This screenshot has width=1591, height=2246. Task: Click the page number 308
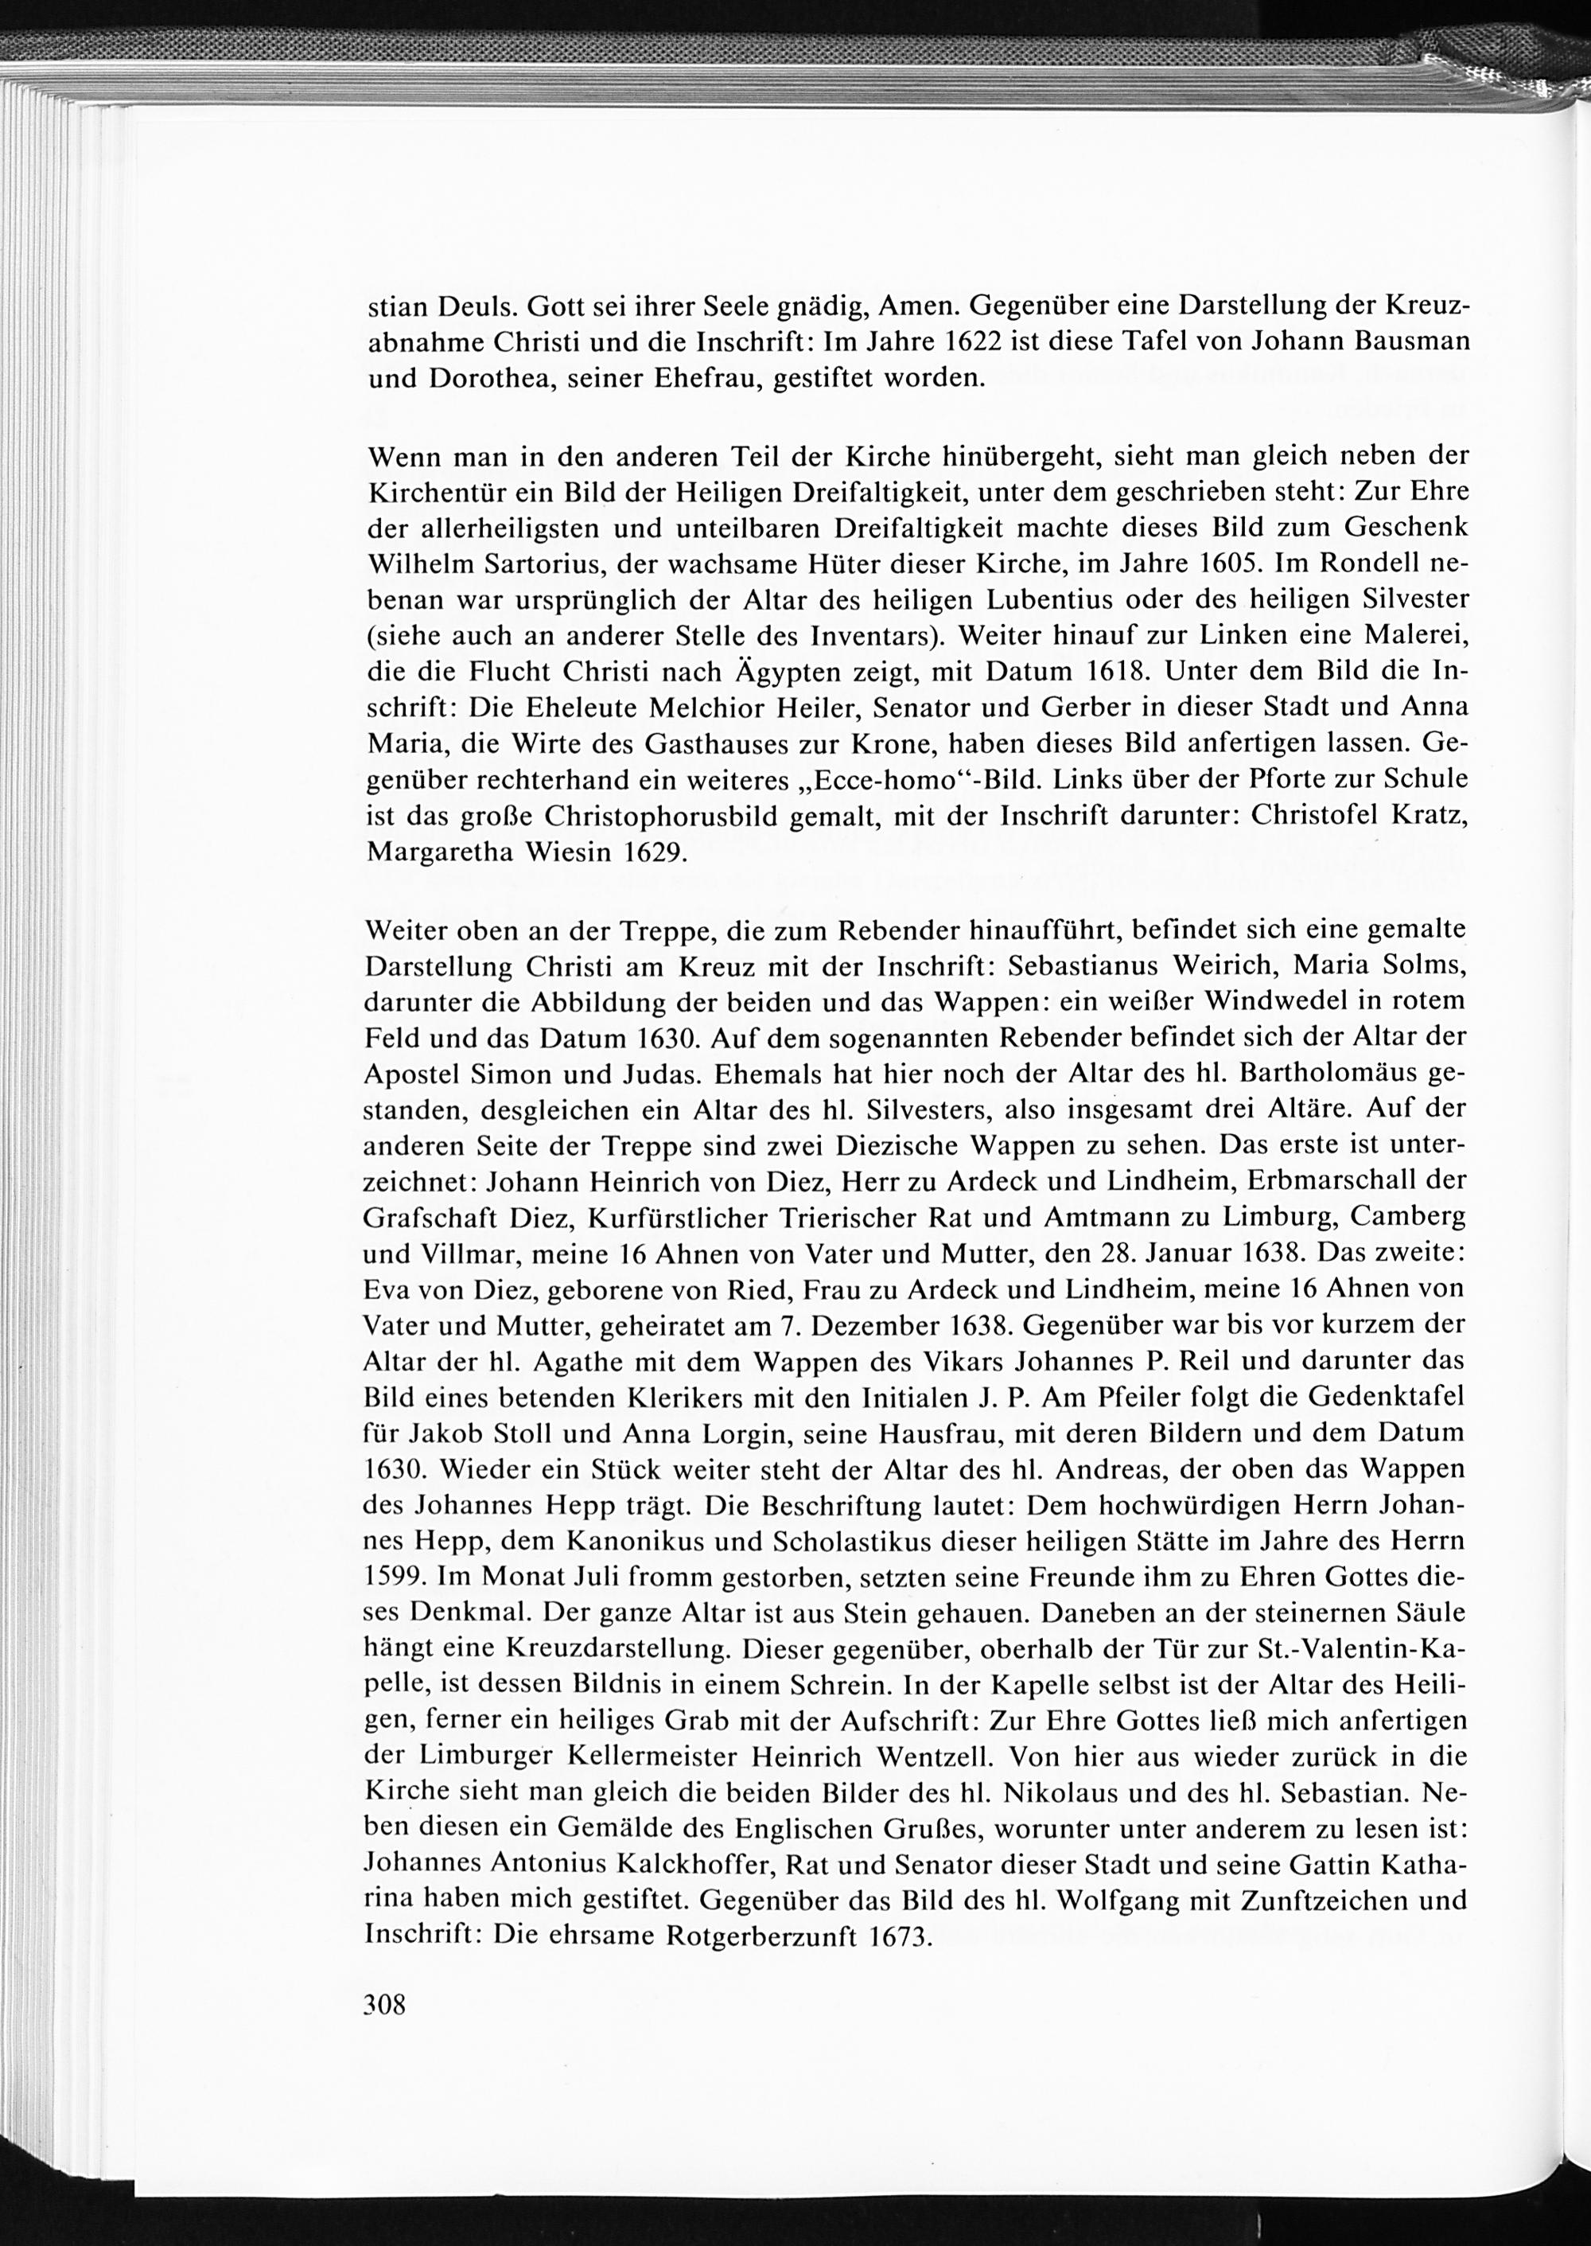[x=384, y=2004]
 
